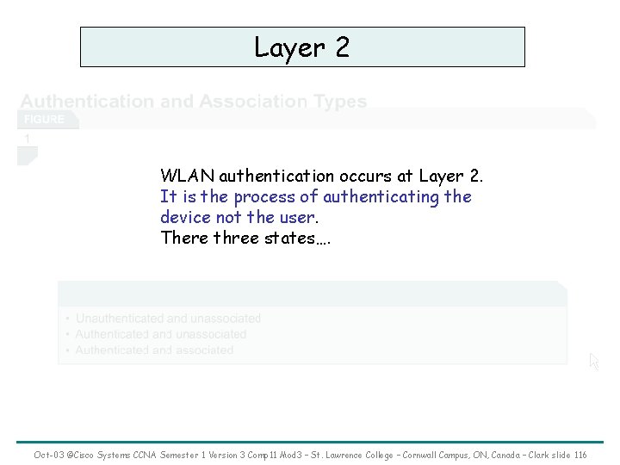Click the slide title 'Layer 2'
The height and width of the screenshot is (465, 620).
pos(302,47)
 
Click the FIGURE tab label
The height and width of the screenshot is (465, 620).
pos(44,119)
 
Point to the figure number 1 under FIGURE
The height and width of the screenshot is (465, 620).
pos(28,138)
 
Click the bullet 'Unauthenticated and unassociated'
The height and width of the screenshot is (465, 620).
pos(168,319)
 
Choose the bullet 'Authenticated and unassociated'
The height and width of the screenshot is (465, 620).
pos(160,334)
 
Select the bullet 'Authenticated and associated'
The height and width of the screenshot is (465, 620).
pos(154,350)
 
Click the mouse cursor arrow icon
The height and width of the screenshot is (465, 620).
pos(593,363)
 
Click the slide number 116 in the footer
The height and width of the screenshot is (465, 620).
pos(580,455)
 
